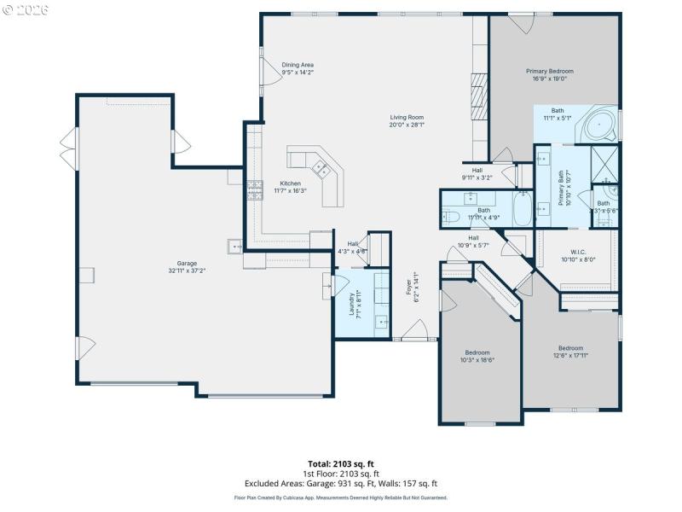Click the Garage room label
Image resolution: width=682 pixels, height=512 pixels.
pyautogui.click(x=187, y=266)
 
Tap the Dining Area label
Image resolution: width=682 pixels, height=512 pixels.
pyautogui.click(x=298, y=68)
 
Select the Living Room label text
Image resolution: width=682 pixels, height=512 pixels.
pyautogui.click(x=407, y=121)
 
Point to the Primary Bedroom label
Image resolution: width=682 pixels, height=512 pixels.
pyautogui.click(x=549, y=75)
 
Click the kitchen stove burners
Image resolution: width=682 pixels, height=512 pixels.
pyautogui.click(x=255, y=189)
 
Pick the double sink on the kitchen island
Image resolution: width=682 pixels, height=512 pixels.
pyautogui.click(x=322, y=168)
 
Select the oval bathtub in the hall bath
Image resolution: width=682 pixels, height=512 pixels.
pyautogui.click(x=522, y=208)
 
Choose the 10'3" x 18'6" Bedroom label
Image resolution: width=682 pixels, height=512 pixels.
pyautogui.click(x=477, y=357)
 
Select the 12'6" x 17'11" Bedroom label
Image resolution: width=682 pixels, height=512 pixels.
pyautogui.click(x=570, y=352)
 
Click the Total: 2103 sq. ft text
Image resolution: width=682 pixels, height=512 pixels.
pyautogui.click(x=341, y=463)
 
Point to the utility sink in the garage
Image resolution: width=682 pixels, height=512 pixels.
pyautogui.click(x=235, y=247)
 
